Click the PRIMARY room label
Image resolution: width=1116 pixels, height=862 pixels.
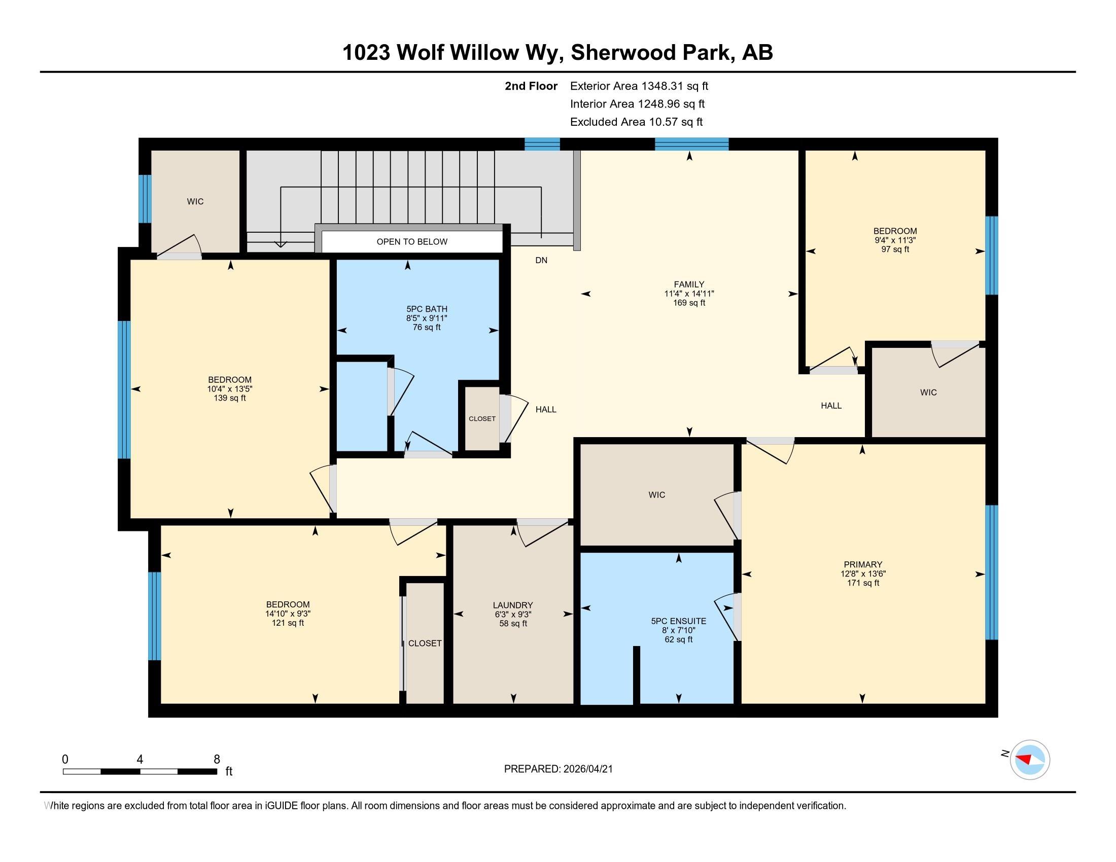pyautogui.click(x=862, y=564)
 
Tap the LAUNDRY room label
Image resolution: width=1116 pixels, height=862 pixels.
pyautogui.click(x=512, y=605)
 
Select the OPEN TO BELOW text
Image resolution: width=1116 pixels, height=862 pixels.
pyautogui.click(x=412, y=242)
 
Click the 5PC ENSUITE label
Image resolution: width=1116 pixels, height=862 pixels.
pyautogui.click(x=678, y=622)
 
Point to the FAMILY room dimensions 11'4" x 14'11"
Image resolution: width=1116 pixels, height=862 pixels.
pyautogui.click(x=689, y=294)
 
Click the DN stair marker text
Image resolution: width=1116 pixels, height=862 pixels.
pyautogui.click(x=541, y=261)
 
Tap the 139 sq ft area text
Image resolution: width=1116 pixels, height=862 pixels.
pyautogui.click(x=229, y=399)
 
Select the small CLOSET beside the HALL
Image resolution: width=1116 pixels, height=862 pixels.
pyautogui.click(x=482, y=419)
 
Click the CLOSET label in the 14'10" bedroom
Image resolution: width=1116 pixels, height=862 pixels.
pyautogui.click(x=425, y=643)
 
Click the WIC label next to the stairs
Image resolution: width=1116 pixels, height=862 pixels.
pyautogui.click(x=195, y=202)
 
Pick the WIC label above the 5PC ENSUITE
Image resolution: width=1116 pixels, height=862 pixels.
pyautogui.click(x=656, y=495)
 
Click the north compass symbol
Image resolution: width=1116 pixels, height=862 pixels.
pyautogui.click(x=1029, y=760)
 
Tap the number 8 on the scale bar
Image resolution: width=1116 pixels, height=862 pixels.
pyautogui.click(x=217, y=760)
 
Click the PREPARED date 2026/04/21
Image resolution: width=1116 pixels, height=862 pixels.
pyautogui.click(x=586, y=769)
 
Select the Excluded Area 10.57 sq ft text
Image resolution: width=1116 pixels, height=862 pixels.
pyautogui.click(x=636, y=122)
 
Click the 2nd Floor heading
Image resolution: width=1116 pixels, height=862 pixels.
pyautogui.click(x=531, y=86)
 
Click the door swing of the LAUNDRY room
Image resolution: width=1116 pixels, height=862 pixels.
pyautogui.click(x=542, y=533)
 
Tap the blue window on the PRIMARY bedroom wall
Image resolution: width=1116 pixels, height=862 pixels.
pyautogui.click(x=991, y=572)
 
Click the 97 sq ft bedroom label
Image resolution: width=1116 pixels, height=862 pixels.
pyautogui.click(x=895, y=249)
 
